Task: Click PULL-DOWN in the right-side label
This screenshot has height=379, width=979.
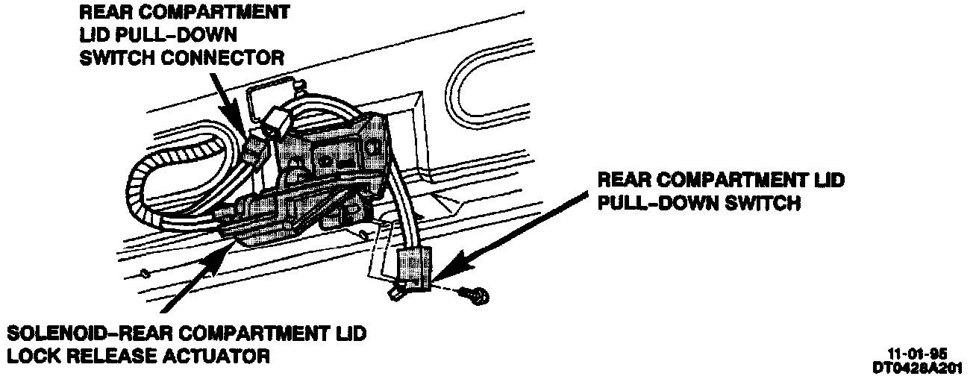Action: pos(649,202)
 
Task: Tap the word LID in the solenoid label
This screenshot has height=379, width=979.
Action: pos(348,333)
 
